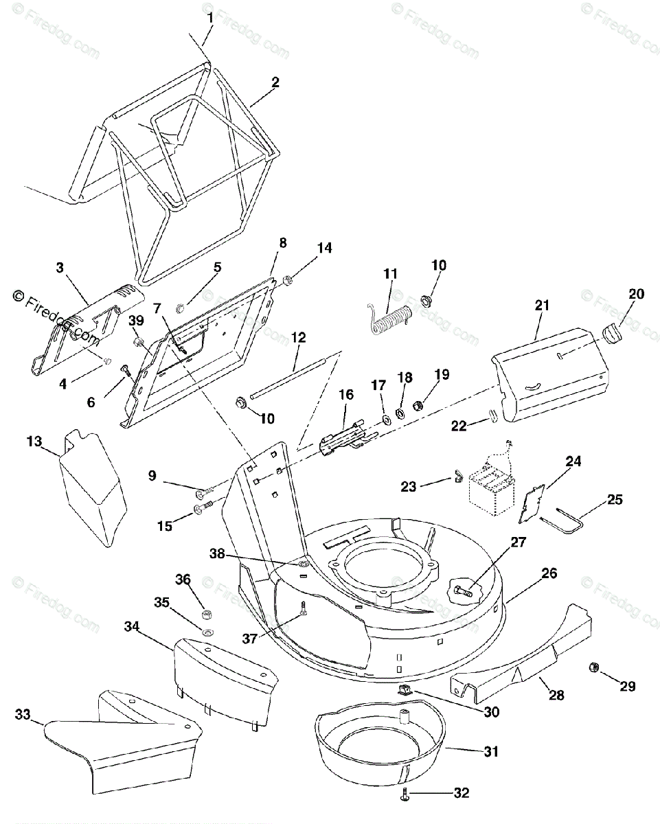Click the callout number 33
pos(23,714)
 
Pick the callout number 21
pos(543,306)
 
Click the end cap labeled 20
pos(611,333)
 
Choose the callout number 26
pos(549,573)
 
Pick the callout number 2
pos(275,82)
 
